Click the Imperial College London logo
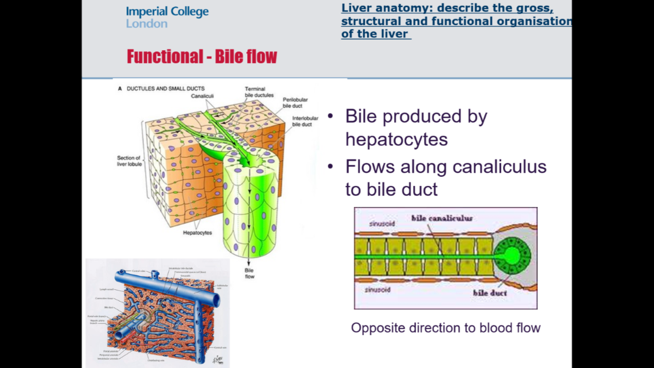[x=167, y=17]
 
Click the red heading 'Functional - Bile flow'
[x=202, y=56]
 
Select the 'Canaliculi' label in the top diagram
[x=202, y=96]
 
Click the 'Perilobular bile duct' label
[x=295, y=103]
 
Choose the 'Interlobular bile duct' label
[x=305, y=121]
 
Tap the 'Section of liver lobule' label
[x=129, y=161]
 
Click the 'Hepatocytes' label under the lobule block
[x=197, y=233]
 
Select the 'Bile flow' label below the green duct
[x=249, y=273]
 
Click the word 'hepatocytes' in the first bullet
[x=396, y=139]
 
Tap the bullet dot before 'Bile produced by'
[x=330, y=116]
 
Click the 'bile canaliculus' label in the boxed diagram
[x=442, y=218]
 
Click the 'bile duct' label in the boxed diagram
[x=490, y=293]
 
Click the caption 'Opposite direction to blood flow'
[x=445, y=328]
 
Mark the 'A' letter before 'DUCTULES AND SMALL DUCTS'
[x=120, y=88]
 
